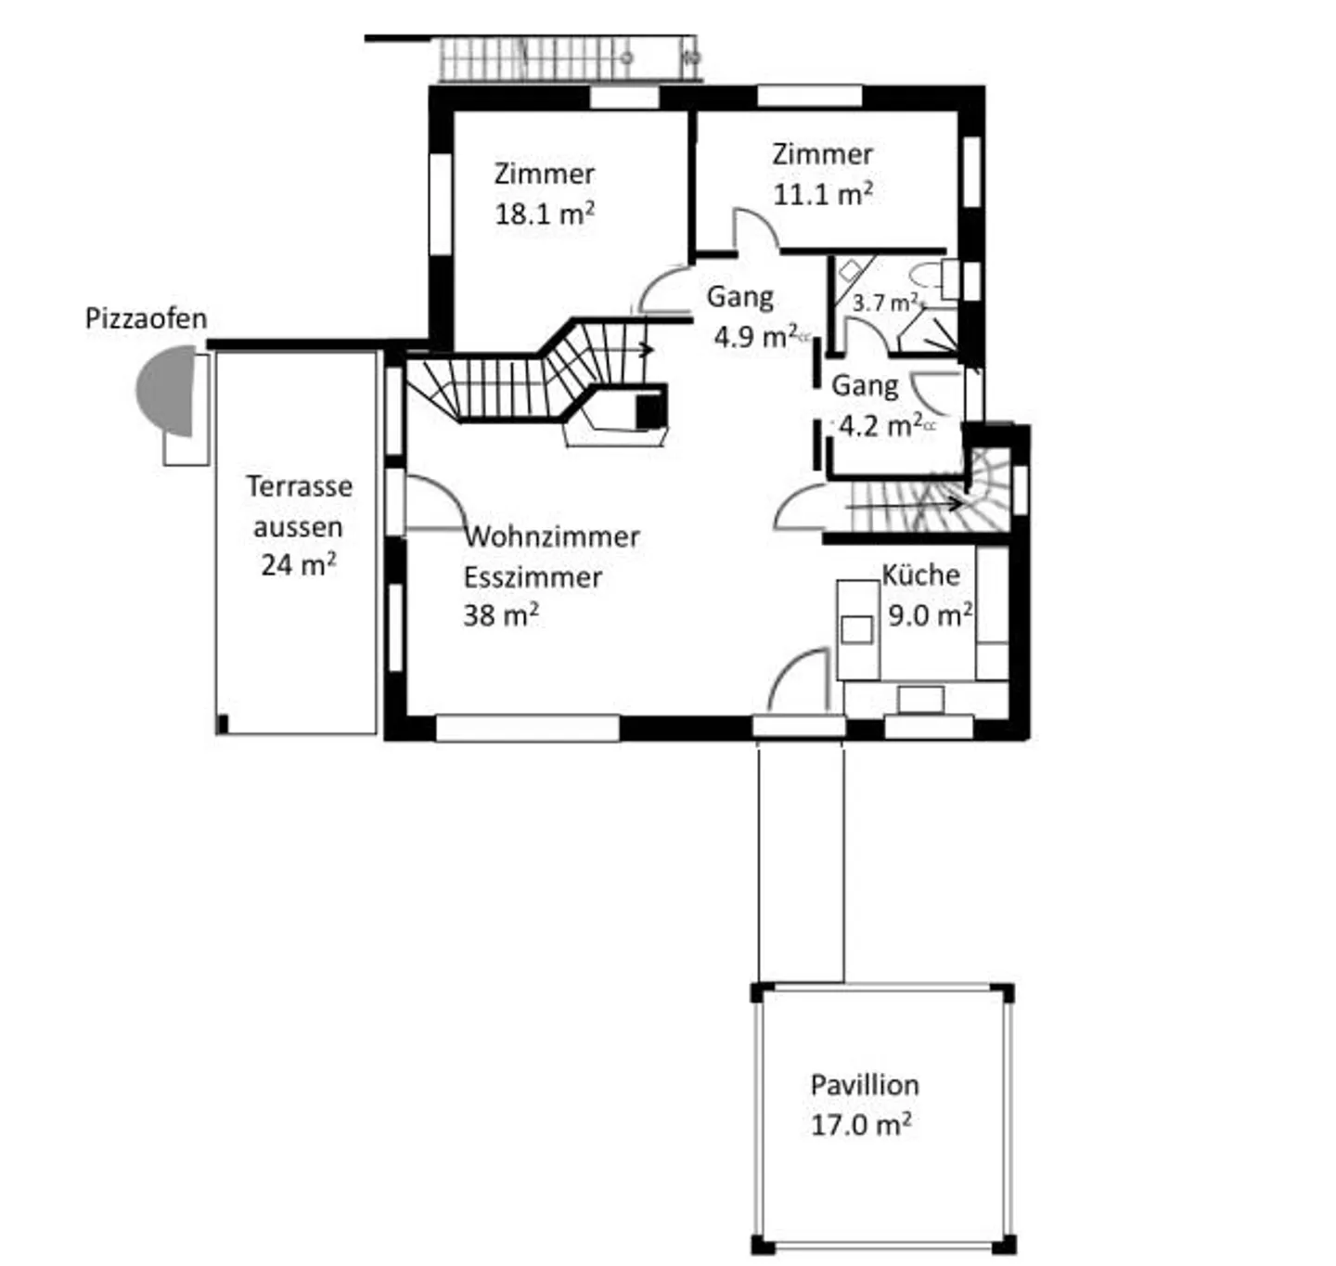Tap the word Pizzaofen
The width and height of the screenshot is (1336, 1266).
click(x=146, y=318)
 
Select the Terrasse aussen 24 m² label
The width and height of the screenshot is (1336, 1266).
click(x=299, y=525)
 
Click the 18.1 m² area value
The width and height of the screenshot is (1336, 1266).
click(x=544, y=213)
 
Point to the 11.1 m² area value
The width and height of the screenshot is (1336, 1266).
click(x=822, y=194)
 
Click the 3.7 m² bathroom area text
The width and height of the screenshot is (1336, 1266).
click(x=885, y=303)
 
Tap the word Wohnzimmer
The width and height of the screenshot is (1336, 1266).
click(x=553, y=536)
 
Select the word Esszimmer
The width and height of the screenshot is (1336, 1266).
click(x=533, y=577)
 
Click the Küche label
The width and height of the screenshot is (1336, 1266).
click(x=920, y=575)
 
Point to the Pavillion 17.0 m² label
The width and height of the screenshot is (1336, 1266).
click(x=863, y=1105)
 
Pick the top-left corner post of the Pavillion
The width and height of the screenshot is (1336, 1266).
click(x=761, y=992)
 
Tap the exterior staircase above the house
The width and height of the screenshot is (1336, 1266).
click(x=566, y=58)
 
